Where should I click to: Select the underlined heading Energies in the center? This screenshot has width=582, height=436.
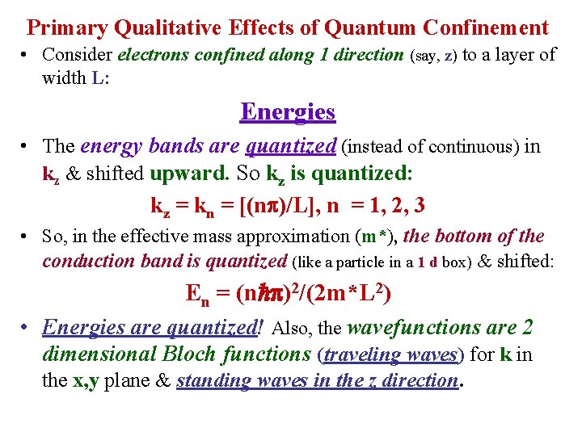(x=288, y=111)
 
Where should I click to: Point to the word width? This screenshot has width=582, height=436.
(x=64, y=78)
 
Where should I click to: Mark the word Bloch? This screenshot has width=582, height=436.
(x=194, y=354)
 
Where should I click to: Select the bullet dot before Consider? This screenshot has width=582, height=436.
(x=27, y=56)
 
